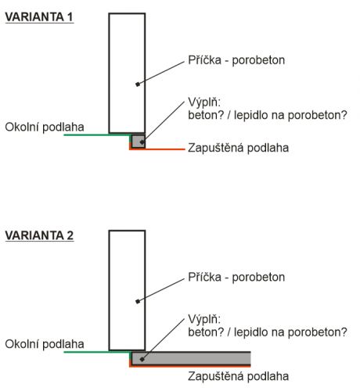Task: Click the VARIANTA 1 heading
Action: [x=39, y=17]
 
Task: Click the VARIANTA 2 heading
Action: [x=39, y=235]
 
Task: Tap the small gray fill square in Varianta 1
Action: [x=139, y=142]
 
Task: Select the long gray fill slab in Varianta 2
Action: [x=191, y=359]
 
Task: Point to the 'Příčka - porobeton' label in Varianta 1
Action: [x=236, y=60]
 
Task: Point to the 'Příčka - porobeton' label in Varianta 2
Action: [x=236, y=277]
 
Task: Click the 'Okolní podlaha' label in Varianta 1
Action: [x=45, y=127]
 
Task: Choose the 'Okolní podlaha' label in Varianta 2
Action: [x=45, y=344]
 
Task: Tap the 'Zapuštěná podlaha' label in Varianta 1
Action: [x=239, y=148]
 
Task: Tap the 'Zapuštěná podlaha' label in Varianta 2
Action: [x=239, y=376]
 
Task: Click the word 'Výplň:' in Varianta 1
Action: [x=204, y=102]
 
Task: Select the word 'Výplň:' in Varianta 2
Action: [x=204, y=319]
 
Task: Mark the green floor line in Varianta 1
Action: [x=97, y=135]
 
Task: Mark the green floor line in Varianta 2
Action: [x=97, y=352]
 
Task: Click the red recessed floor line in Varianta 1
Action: [x=157, y=149]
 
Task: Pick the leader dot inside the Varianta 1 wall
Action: [x=138, y=84]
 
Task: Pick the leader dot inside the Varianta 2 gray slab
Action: [x=142, y=360]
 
